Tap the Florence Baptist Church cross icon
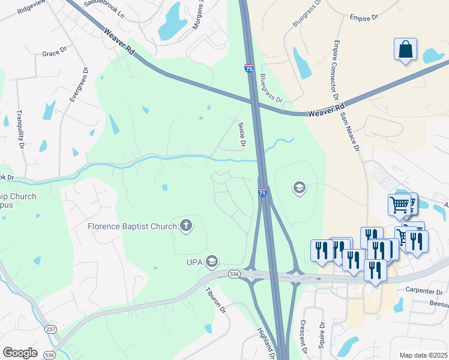(x=186, y=226)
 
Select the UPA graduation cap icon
(x=211, y=262)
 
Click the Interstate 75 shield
(x=249, y=69)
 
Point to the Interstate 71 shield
(x=262, y=193)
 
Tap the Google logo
(x=20, y=353)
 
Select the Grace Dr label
(x=54, y=53)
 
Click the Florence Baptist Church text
(x=132, y=226)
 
